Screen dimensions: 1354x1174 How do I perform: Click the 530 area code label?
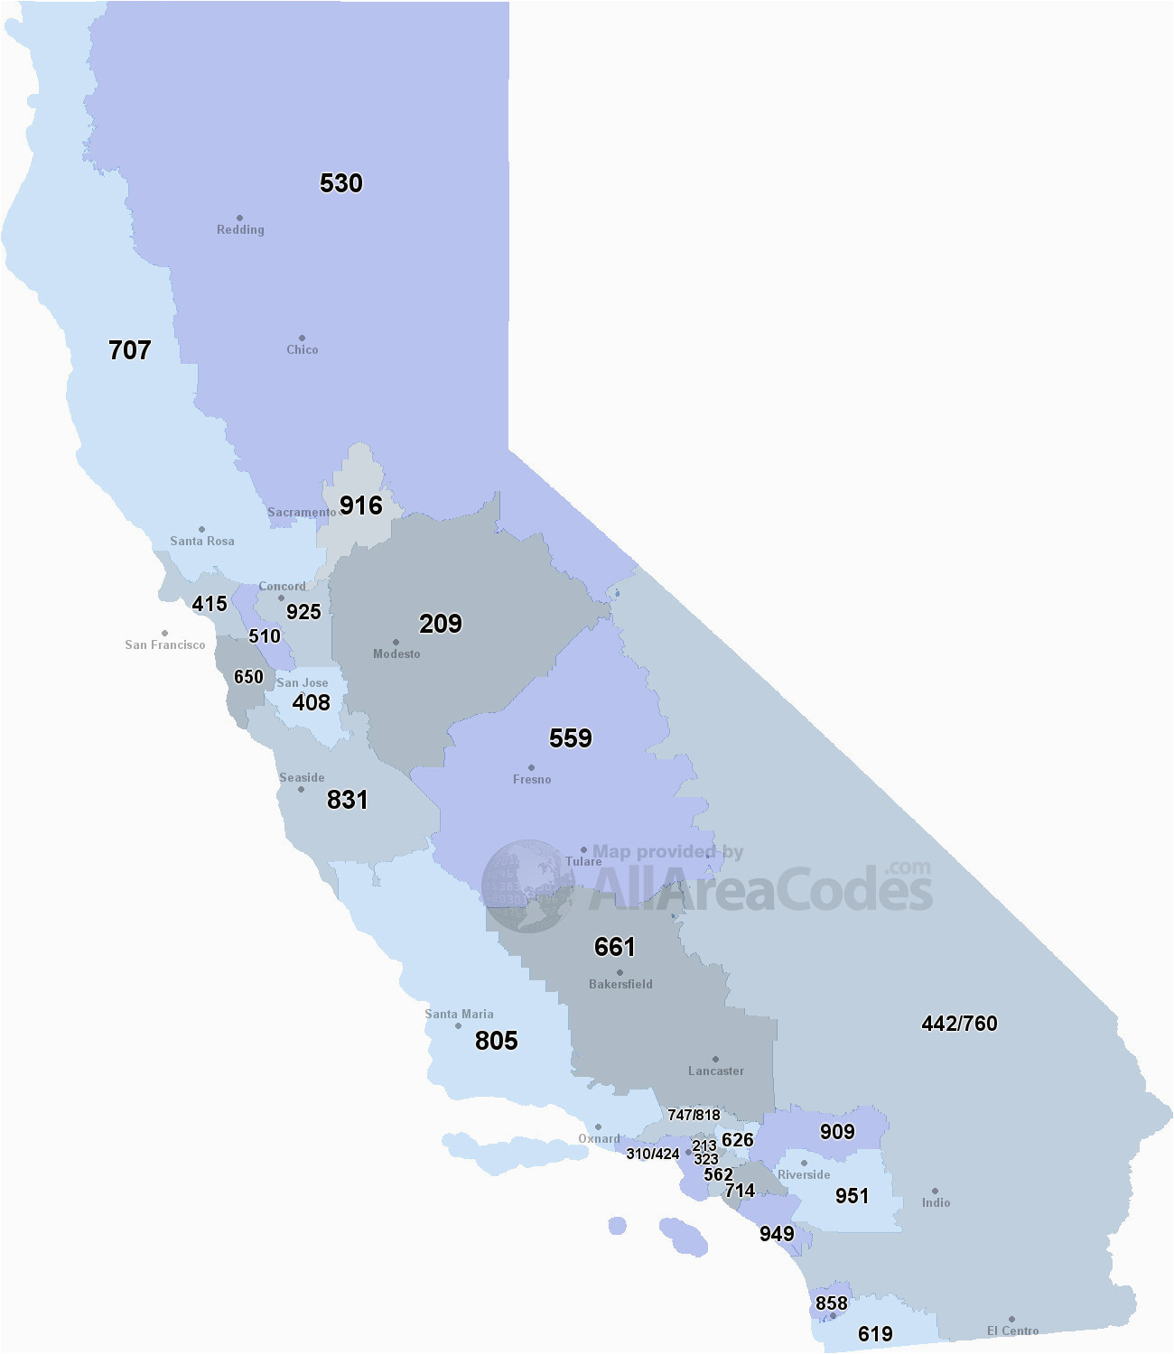(341, 183)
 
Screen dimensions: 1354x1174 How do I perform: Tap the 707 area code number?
(130, 350)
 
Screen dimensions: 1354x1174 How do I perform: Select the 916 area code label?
(361, 505)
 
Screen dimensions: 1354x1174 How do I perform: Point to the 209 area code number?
(441, 624)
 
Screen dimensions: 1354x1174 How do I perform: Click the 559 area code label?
(571, 738)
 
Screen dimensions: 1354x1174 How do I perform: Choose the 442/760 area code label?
(959, 1024)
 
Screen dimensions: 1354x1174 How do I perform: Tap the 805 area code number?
(497, 1041)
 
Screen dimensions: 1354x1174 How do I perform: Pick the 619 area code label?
(875, 1334)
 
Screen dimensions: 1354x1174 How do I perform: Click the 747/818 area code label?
(694, 1116)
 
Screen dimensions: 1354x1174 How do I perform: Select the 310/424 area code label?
(653, 1155)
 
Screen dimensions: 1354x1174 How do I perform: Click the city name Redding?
(240, 230)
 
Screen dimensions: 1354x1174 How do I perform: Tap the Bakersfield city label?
(620, 985)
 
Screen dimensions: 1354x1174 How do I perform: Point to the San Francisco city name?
(165, 645)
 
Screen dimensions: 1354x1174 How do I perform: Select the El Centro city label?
(1012, 1331)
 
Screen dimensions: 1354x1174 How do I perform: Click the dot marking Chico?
(302, 338)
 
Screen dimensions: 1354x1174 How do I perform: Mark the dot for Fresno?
(531, 767)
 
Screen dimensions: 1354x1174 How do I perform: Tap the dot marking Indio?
(935, 1191)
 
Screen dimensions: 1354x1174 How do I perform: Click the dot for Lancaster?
(715, 1059)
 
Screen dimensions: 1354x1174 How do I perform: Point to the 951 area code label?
(852, 1196)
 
